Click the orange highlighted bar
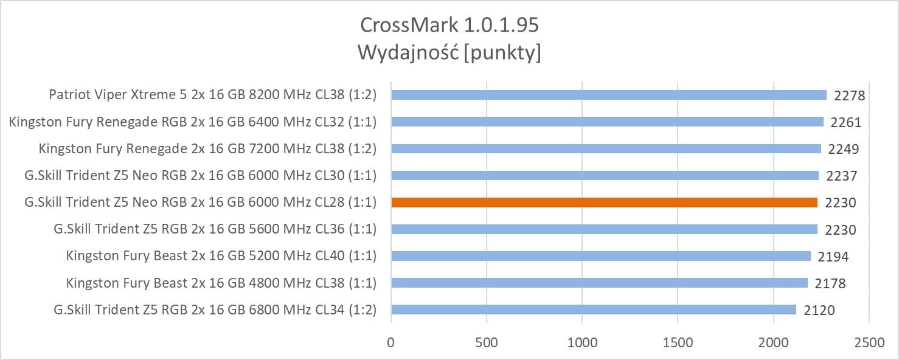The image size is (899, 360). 604,202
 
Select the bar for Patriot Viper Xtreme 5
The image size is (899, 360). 609,95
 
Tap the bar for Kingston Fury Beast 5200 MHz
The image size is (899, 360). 601,256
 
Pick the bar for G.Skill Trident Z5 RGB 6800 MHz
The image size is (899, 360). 594,310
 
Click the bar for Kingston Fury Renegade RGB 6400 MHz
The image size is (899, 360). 607,122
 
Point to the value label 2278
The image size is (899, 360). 850,95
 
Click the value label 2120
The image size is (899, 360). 819,310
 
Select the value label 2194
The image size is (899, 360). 833,257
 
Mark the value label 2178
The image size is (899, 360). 830,283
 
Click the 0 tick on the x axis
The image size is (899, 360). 391,342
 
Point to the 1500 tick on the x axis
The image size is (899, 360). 678,342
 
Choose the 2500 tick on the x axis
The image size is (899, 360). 869,342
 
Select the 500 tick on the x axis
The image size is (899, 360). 487,342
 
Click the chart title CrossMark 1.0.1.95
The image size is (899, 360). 449,25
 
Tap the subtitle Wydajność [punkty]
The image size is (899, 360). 449,53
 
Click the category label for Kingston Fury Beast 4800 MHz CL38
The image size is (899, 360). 221,283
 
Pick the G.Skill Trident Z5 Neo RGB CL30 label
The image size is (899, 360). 201,176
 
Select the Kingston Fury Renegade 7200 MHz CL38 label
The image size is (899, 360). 207,148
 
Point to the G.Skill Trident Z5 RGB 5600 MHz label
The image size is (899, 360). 215,229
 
